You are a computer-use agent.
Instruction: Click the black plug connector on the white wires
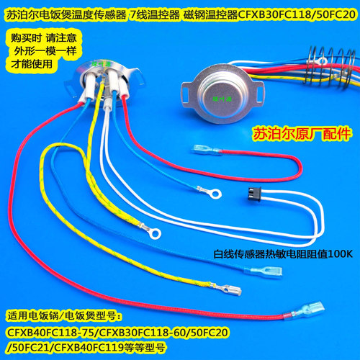[254, 194]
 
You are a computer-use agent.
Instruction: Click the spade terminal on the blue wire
[264, 271]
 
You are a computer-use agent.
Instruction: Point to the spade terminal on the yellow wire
[226, 289]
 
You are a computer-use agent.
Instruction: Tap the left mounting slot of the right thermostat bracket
[186, 94]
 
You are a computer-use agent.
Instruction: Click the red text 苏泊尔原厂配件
[302, 134]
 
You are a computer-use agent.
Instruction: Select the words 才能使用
[32, 64]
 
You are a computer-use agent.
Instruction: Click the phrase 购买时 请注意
[43, 37]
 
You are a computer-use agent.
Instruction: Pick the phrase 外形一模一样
[45, 51]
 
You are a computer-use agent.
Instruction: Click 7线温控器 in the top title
[155, 15]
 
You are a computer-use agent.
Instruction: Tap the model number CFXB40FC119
[89, 347]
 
